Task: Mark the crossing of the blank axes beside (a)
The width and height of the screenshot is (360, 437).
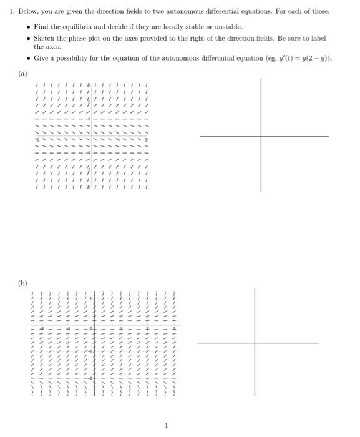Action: coord(261,135)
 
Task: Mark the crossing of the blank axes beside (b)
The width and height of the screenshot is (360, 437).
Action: coord(255,343)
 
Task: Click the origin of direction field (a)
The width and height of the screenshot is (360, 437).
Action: coord(91,135)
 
